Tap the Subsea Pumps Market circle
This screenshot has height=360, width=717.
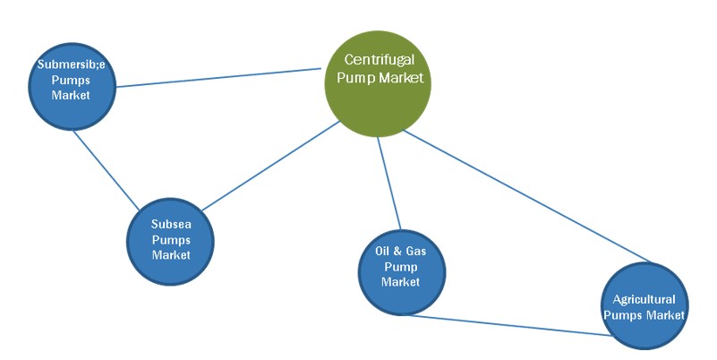click(x=171, y=240)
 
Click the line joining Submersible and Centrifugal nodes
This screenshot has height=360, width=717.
click(x=219, y=77)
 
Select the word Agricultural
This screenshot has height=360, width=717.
click(x=644, y=299)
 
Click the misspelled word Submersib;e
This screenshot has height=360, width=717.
click(x=71, y=64)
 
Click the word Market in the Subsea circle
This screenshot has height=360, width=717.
click(x=171, y=255)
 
